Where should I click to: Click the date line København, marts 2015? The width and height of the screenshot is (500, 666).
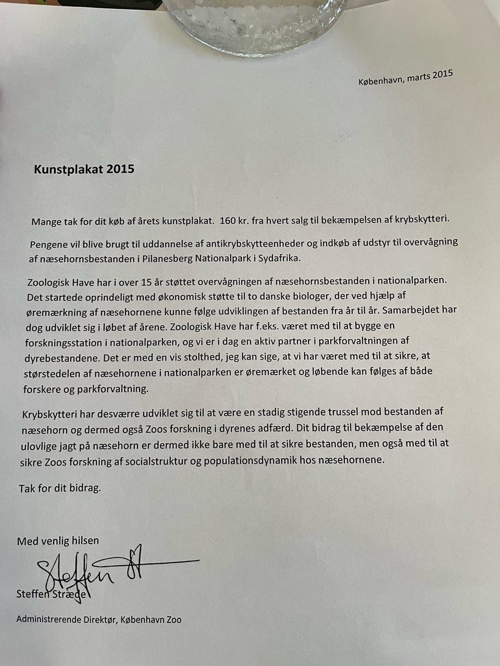405,78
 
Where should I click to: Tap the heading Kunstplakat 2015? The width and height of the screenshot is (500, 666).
84,169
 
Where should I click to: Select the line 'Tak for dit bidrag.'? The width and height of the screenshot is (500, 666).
60,489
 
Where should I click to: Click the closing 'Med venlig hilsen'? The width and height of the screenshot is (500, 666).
58,541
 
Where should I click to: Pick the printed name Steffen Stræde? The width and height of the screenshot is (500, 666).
54,594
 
